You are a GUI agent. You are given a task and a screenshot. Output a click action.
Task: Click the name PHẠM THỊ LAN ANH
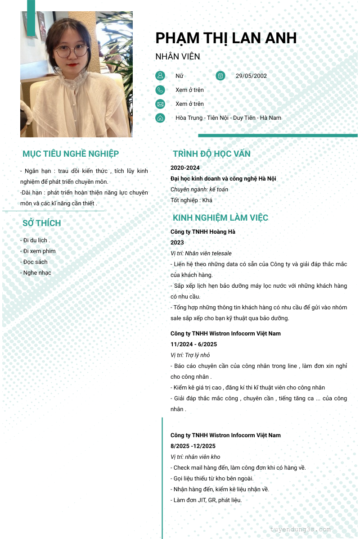click(226, 38)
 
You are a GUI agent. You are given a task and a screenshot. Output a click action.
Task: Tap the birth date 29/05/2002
click(251, 76)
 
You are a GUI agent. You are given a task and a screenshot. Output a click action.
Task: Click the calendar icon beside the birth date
click(220, 76)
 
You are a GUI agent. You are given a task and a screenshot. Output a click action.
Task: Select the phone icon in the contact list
click(160, 90)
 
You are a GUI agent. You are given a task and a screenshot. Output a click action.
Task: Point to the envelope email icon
click(160, 104)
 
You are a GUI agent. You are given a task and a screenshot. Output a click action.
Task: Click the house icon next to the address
click(160, 118)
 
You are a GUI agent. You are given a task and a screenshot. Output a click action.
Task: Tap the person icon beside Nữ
click(160, 76)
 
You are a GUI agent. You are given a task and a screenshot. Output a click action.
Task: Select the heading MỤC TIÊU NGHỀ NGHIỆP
click(71, 154)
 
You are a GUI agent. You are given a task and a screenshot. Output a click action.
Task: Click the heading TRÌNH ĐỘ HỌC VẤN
click(211, 154)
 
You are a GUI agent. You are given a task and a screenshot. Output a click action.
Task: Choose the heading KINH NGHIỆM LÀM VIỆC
click(220, 218)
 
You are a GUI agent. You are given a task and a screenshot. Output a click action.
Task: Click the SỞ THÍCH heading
click(41, 223)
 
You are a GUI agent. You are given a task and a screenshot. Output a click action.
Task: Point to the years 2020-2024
click(185, 168)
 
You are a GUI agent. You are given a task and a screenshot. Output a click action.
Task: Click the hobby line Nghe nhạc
click(36, 273)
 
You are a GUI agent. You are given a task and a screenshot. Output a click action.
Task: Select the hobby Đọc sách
click(34, 262)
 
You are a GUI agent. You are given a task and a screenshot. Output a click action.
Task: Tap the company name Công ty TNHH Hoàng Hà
click(203, 232)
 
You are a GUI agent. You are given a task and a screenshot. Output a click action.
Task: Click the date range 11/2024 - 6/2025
click(193, 344)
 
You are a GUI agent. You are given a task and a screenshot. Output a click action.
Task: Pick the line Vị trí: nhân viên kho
click(195, 457)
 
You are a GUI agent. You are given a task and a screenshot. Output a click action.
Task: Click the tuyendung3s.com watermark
click(300, 530)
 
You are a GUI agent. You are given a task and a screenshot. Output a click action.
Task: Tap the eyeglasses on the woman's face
click(71, 51)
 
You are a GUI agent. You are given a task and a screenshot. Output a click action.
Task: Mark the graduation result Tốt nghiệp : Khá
click(191, 200)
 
